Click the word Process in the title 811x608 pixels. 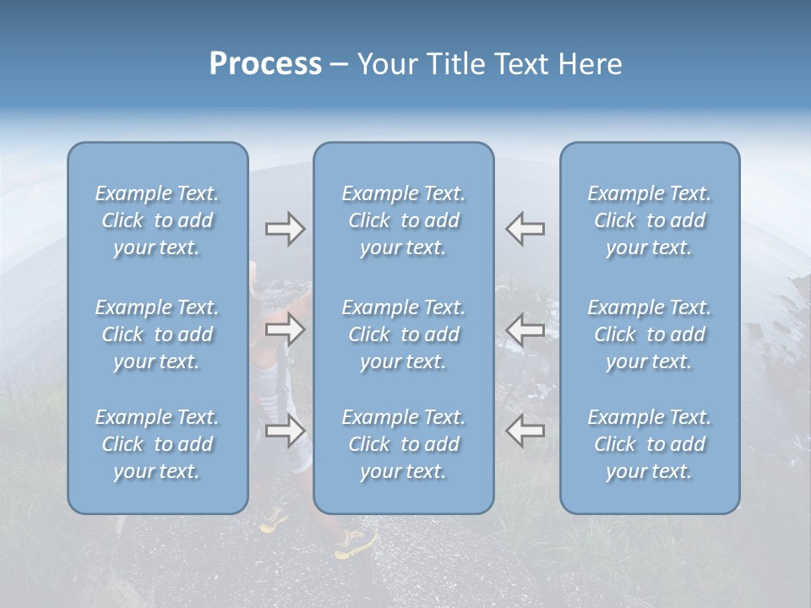(x=265, y=64)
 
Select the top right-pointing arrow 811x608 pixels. (x=285, y=229)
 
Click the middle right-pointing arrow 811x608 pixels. (x=285, y=329)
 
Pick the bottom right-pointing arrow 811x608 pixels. (x=285, y=430)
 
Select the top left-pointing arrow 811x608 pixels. (x=525, y=229)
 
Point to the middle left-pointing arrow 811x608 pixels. (x=525, y=329)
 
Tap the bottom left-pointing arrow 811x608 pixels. (x=525, y=430)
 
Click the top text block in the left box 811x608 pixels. (x=157, y=220)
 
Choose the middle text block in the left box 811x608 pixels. (x=157, y=334)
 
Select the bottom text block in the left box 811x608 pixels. (x=157, y=444)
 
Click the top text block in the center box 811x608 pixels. (x=404, y=220)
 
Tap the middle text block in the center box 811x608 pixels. (x=404, y=334)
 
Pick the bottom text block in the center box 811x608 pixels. (x=404, y=444)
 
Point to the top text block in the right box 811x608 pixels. (x=650, y=220)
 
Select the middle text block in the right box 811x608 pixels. (x=650, y=334)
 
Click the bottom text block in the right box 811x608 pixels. (x=650, y=444)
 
